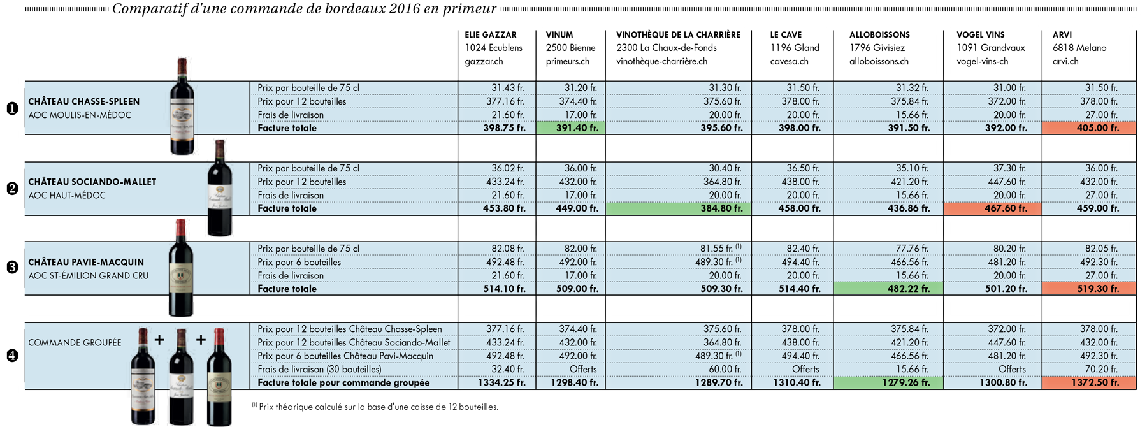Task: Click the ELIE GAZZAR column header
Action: (x=491, y=35)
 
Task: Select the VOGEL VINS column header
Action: (x=980, y=35)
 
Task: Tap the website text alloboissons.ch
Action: (x=879, y=62)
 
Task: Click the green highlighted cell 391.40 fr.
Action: (x=570, y=128)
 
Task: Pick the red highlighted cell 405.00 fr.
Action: (x=1089, y=128)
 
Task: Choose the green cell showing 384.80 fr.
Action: (x=678, y=208)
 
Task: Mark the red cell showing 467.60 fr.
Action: (x=992, y=208)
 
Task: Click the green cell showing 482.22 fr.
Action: (x=888, y=289)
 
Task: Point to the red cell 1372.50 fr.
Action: (x=1089, y=383)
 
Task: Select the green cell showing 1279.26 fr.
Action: (x=888, y=383)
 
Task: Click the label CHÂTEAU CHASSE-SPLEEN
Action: (x=83, y=101)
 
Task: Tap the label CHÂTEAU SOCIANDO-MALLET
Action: (x=92, y=182)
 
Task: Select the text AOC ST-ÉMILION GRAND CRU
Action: (x=89, y=276)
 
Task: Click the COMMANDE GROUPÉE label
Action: (x=75, y=343)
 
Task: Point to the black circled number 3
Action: (x=12, y=268)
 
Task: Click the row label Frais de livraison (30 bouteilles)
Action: (x=320, y=370)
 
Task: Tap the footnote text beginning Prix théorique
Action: (x=375, y=407)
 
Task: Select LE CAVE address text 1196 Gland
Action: (x=795, y=48)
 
